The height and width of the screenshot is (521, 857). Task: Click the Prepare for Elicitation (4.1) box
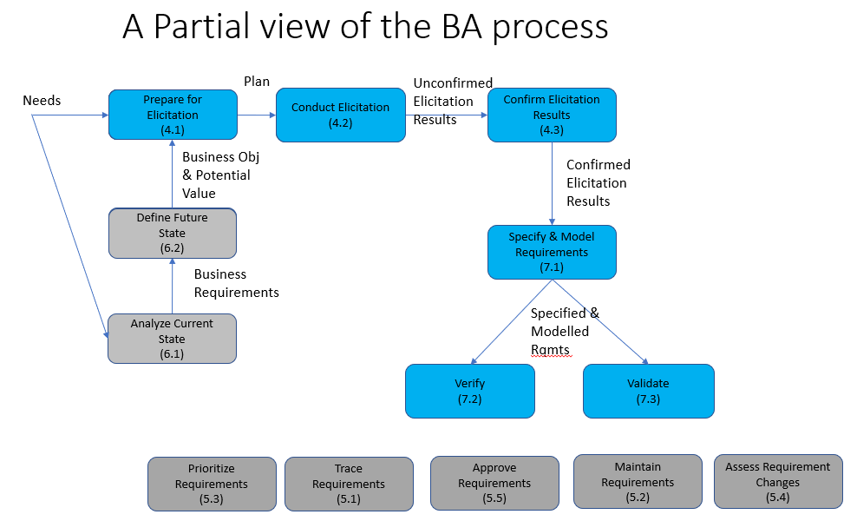171,115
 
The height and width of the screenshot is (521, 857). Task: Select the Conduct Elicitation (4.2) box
340,115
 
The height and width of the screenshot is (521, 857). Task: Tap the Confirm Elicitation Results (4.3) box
552,115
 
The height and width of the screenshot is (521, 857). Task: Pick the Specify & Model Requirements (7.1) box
552,252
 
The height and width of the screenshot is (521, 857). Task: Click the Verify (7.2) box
469,391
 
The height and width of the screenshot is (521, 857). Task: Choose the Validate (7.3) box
648,391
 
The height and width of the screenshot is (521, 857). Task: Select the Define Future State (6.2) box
171,233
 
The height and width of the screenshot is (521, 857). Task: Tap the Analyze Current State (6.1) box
171,339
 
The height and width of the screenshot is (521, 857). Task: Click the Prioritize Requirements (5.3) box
211,484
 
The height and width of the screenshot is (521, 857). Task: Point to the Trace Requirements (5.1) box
348,484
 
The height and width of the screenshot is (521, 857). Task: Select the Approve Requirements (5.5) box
494,483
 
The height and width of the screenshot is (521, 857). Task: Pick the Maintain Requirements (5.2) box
638,481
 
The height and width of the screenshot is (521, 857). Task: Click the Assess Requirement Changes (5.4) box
777,481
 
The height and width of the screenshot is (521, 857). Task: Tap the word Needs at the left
42,101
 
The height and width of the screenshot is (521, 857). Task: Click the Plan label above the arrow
256,82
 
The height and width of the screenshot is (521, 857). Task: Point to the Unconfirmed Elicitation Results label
452,102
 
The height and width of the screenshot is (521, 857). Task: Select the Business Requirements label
236,283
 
